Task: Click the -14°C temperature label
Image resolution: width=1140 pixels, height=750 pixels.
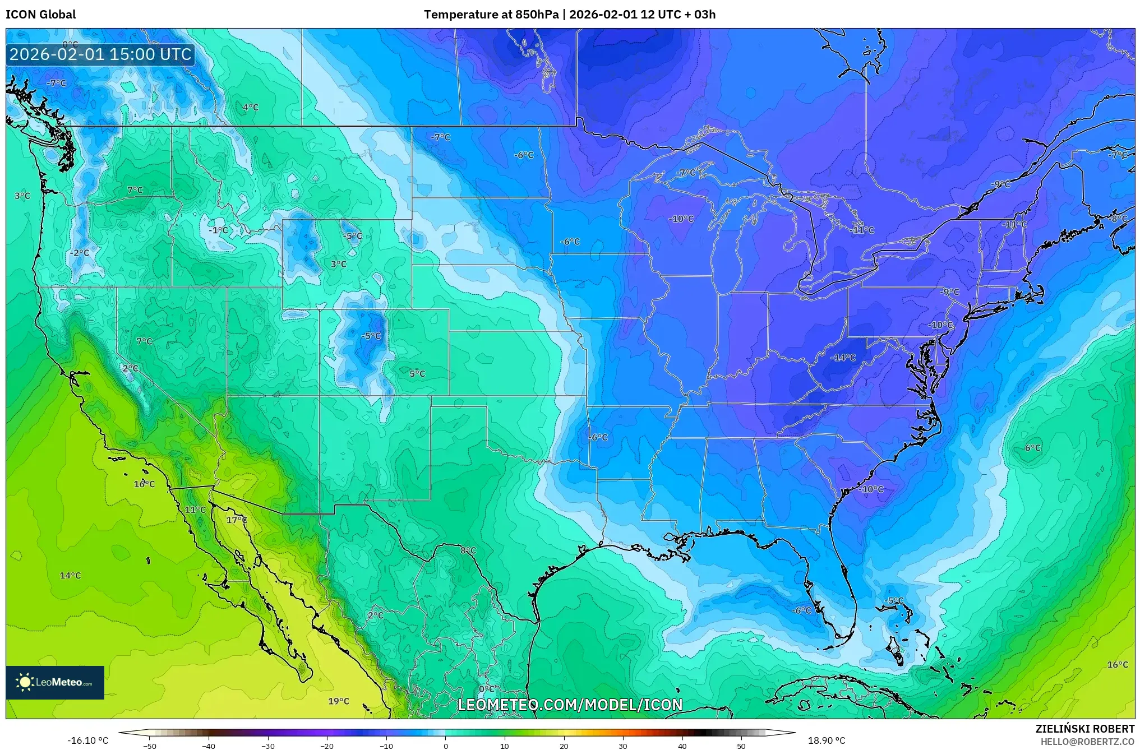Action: coord(843,358)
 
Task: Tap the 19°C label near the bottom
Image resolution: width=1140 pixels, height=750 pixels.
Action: coord(339,701)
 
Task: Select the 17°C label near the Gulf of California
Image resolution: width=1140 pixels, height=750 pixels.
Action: coord(237,520)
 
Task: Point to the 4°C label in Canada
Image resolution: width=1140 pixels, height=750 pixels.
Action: coord(251,108)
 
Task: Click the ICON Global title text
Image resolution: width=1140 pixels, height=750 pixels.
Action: coord(40,15)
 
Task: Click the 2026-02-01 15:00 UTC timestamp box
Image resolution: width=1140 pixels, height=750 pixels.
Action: coord(100,54)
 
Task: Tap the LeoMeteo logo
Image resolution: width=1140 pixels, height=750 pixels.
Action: coord(55,682)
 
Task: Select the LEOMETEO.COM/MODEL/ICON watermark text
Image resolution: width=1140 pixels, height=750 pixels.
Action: coord(570,705)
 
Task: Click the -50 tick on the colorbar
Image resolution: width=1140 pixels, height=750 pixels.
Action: coord(150,746)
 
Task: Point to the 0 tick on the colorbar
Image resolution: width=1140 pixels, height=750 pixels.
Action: coord(446,746)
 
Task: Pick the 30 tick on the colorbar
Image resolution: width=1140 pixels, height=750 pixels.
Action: coord(623,746)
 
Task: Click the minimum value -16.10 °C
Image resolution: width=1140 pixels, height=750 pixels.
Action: coord(88,741)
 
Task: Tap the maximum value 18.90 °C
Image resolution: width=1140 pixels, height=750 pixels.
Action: coord(827,741)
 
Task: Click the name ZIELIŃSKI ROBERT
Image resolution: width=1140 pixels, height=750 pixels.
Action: coord(1084,729)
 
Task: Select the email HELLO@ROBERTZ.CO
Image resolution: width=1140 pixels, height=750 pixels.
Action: coord(1087,742)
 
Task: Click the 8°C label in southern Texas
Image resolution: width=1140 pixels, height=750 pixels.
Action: coord(468,551)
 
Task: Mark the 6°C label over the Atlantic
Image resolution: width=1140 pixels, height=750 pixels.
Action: coord(1032,448)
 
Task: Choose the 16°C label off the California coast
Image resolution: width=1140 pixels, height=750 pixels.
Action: coord(144,484)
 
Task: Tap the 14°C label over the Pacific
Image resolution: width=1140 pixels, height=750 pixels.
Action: coord(71,576)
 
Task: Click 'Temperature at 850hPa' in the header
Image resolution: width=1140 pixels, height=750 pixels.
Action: coord(491,15)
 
